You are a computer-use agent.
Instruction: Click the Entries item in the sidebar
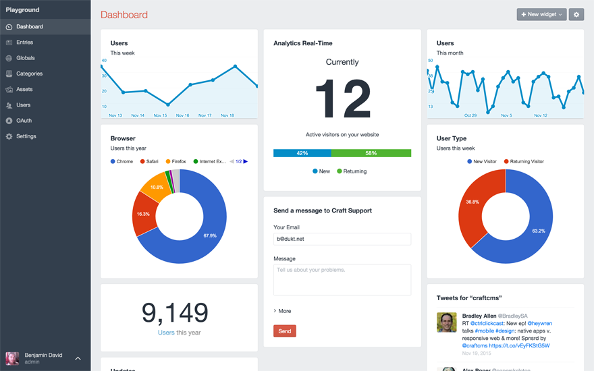point(24,42)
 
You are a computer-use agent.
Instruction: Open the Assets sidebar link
point(24,89)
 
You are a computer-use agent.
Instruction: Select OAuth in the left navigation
point(24,121)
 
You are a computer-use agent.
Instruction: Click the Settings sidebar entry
point(26,136)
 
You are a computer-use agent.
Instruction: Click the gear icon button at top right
point(576,14)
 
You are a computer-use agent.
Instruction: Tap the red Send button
point(284,331)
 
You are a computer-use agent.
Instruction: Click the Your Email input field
point(342,239)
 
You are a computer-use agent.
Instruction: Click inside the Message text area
point(342,279)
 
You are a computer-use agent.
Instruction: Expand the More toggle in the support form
point(283,311)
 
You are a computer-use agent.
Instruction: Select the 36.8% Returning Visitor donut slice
point(473,202)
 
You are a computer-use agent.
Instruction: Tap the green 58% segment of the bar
point(371,153)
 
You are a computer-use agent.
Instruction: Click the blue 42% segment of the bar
point(302,153)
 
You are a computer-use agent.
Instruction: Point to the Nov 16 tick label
point(182,115)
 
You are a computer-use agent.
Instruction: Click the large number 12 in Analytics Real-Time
point(342,100)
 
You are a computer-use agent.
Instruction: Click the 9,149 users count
point(175,312)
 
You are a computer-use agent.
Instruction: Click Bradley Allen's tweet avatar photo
point(446,322)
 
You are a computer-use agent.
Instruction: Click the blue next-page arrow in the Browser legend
point(246,162)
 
